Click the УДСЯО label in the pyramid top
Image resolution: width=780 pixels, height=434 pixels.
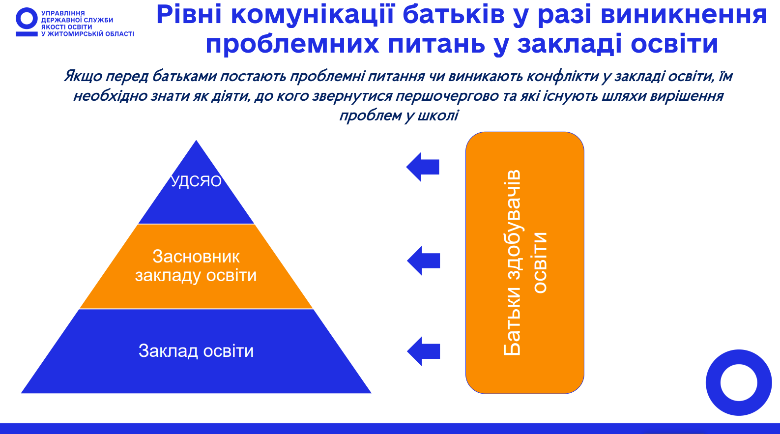[x=196, y=181]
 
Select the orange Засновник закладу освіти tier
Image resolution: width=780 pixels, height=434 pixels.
[x=196, y=266]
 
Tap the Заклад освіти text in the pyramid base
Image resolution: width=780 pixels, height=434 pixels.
[x=196, y=351]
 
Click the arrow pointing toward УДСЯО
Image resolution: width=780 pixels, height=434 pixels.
[x=423, y=167]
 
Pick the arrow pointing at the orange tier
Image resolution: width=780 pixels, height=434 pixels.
[x=424, y=260]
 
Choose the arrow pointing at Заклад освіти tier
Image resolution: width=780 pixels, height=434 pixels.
[x=424, y=351]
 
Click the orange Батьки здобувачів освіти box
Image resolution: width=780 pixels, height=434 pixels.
[x=524, y=263]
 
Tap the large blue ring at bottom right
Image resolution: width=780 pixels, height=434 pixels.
[x=739, y=382]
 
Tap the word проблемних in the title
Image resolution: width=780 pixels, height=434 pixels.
[x=292, y=44]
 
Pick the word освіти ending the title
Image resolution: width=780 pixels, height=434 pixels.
[x=674, y=44]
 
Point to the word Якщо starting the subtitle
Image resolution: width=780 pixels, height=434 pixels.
[x=83, y=76]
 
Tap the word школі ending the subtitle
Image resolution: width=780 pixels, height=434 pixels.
[x=438, y=116]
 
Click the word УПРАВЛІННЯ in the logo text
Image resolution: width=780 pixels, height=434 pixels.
[x=63, y=13]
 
